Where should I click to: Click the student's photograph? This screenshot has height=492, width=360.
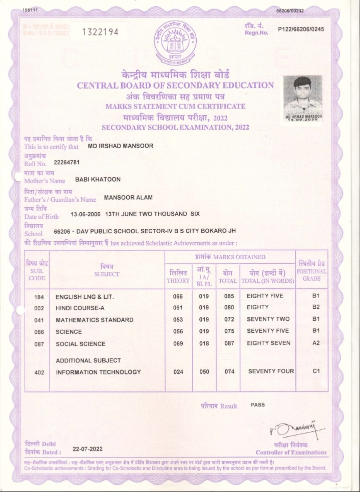click(304, 98)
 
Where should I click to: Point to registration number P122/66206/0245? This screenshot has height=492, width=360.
click(301, 29)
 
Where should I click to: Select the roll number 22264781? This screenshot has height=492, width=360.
click(67, 163)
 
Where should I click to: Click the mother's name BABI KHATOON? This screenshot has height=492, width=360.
click(98, 179)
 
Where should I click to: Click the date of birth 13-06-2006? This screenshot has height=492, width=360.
click(86, 214)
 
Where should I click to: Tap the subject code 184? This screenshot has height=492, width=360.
click(39, 296)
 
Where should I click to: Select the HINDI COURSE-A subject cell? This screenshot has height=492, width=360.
click(80, 307)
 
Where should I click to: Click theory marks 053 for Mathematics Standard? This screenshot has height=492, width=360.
click(178, 319)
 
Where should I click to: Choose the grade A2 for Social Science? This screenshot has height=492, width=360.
click(316, 343)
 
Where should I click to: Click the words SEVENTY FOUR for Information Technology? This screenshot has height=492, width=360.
click(271, 371)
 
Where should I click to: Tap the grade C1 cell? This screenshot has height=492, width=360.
click(316, 371)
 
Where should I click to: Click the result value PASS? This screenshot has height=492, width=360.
click(257, 404)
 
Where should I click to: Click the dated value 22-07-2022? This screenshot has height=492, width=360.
click(88, 449)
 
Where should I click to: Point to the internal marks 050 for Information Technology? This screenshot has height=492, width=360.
click(204, 371)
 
